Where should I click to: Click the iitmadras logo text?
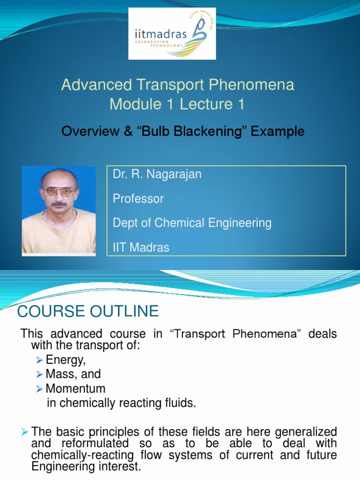(160, 33)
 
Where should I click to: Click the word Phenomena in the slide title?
(251, 85)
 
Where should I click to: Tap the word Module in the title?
(135, 104)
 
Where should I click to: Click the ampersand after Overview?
(128, 131)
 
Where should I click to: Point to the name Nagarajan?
(174, 174)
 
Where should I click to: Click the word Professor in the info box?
(138, 199)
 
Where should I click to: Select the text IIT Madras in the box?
(141, 247)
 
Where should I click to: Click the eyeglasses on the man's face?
(59, 192)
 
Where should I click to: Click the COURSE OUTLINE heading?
(88, 311)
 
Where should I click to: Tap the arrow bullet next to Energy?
(39, 360)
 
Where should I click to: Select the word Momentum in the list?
(75, 389)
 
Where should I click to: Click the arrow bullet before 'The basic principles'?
(25, 432)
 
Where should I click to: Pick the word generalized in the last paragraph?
(306, 432)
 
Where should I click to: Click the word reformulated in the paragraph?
(95, 443)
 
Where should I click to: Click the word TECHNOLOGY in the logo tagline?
(166, 45)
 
